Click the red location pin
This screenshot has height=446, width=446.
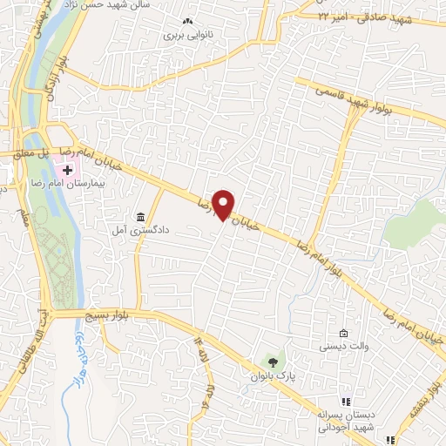tap(224, 204)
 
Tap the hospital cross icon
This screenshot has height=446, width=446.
tap(67, 169)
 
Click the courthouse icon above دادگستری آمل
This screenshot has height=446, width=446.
tap(140, 216)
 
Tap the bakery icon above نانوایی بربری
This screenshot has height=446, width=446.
tap(185, 23)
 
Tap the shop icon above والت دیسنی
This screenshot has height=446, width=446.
tap(344, 334)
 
